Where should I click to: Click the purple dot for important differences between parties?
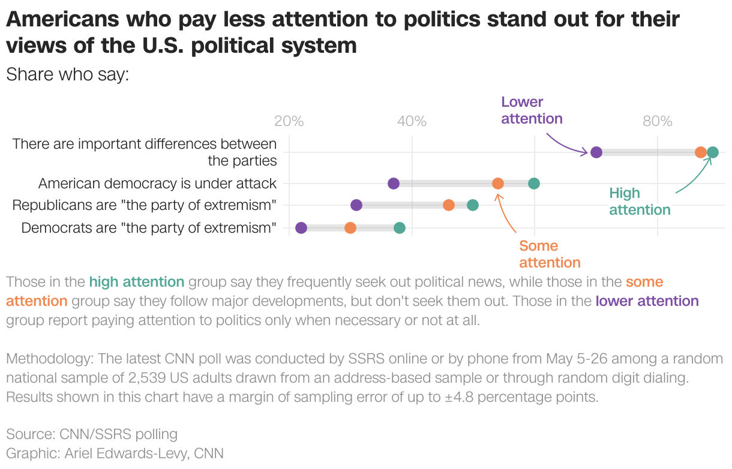(596, 152)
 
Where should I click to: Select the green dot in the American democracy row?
(534, 184)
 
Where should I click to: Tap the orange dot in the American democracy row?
(498, 184)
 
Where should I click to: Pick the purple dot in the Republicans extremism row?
(356, 205)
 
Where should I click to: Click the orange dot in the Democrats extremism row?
(350, 228)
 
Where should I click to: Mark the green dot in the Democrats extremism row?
(400, 228)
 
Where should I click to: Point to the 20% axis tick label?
(289, 121)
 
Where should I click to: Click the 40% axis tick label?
(412, 121)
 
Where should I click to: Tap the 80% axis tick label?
(657, 121)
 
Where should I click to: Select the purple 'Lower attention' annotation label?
(532, 110)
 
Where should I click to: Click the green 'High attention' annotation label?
(640, 202)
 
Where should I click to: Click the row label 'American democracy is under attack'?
(157, 184)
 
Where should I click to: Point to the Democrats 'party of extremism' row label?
(149, 228)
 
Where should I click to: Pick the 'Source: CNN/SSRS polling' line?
(92, 434)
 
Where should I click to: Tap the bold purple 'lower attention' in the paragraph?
(647, 301)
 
